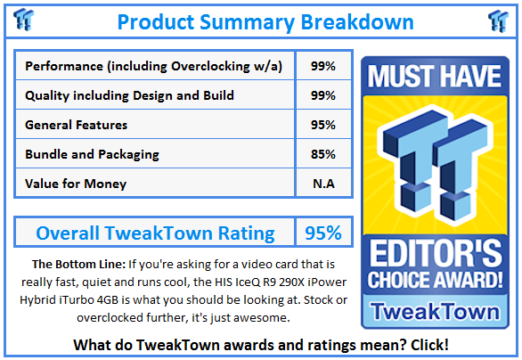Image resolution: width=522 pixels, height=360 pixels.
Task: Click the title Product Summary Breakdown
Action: pos(265,20)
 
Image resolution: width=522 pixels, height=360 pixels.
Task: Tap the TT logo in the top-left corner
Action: pos(24,20)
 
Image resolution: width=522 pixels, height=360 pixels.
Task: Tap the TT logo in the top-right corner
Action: pos(498,20)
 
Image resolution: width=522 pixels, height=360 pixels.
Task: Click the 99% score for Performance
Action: pos(323,66)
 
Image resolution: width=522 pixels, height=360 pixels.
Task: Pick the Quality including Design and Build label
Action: pos(130,95)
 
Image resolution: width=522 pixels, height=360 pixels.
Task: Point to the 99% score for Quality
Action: pos(323,95)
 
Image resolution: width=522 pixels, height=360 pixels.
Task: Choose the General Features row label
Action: pos(77,125)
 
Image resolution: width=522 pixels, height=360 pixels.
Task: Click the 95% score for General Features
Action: pos(323,125)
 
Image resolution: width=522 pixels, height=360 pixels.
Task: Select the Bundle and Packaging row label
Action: pos(94,154)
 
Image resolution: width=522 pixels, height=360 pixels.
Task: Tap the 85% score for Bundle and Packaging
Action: pos(323,154)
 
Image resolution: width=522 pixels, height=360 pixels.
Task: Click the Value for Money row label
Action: pos(76,184)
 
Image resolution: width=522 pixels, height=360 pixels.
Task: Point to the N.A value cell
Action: pos(323,184)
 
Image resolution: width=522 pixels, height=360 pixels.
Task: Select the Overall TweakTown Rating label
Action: pos(155,233)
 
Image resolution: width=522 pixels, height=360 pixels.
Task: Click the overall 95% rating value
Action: pos(323,233)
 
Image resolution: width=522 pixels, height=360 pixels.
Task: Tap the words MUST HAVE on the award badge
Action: pos(436,78)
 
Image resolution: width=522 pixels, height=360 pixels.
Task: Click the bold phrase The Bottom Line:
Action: pos(77,264)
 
